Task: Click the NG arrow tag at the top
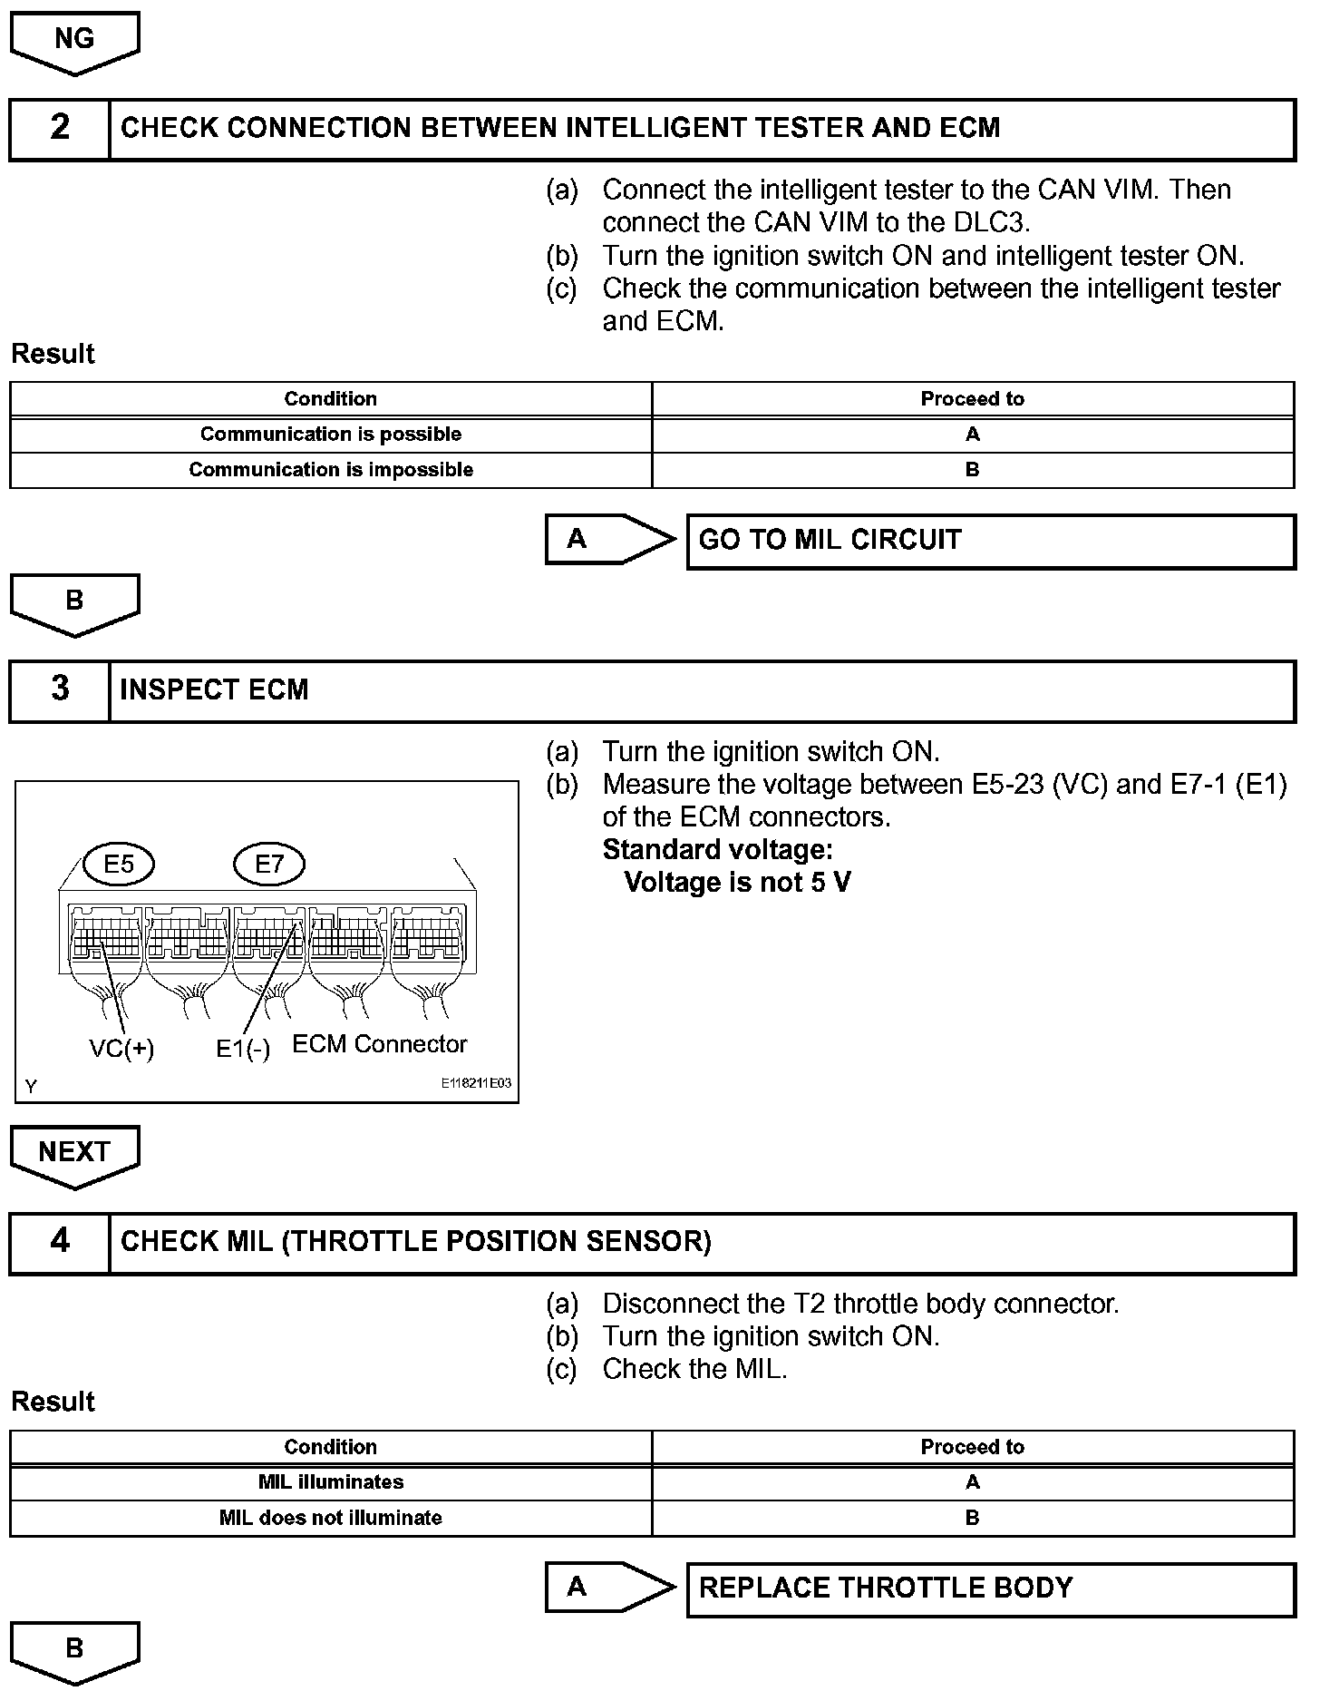[x=74, y=40]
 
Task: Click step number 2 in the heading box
[x=60, y=128]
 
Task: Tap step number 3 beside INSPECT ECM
[x=60, y=689]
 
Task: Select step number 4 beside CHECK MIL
[x=60, y=1241]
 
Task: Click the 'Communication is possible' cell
[x=331, y=435]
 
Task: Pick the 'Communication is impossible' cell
[x=331, y=470]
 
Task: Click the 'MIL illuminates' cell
[x=331, y=1482]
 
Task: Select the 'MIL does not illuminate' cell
[x=331, y=1518]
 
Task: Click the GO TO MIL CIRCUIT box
[x=991, y=541]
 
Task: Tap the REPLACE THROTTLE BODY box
[x=991, y=1588]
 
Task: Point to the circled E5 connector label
[x=119, y=864]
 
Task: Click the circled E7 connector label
[x=269, y=864]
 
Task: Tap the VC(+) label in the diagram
[x=121, y=1049]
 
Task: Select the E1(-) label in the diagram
[x=243, y=1050]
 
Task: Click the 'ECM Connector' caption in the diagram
[x=379, y=1044]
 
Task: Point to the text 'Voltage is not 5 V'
[x=737, y=883]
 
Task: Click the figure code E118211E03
[x=476, y=1083]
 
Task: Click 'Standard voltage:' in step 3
[x=717, y=850]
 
